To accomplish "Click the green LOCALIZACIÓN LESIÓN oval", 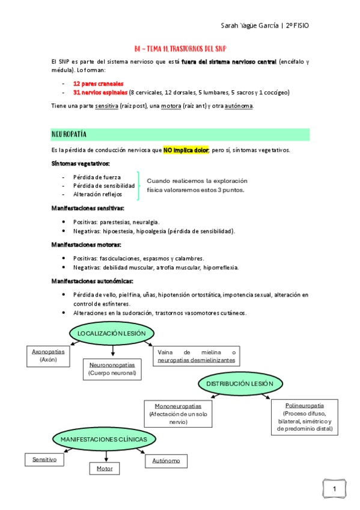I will [112, 333].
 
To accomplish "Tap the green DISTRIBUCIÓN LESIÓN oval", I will [240, 384].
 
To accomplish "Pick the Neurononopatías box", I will [112, 369].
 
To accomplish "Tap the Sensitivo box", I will [44, 459].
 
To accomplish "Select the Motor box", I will [105, 468].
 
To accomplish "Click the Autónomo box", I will [162, 461].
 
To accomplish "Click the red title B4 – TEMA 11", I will [180, 49].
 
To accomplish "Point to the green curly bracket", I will [139, 185].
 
